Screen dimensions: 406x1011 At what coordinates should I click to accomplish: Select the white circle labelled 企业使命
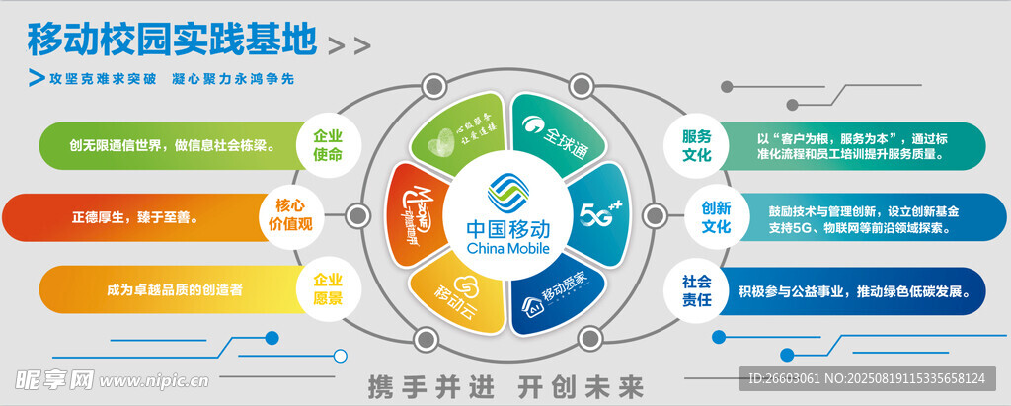click(x=328, y=145)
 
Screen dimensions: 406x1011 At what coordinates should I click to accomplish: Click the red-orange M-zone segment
click(x=415, y=213)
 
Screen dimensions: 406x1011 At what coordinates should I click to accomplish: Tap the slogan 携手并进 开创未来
click(x=505, y=383)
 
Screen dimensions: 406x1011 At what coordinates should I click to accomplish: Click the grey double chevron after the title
click(x=349, y=45)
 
